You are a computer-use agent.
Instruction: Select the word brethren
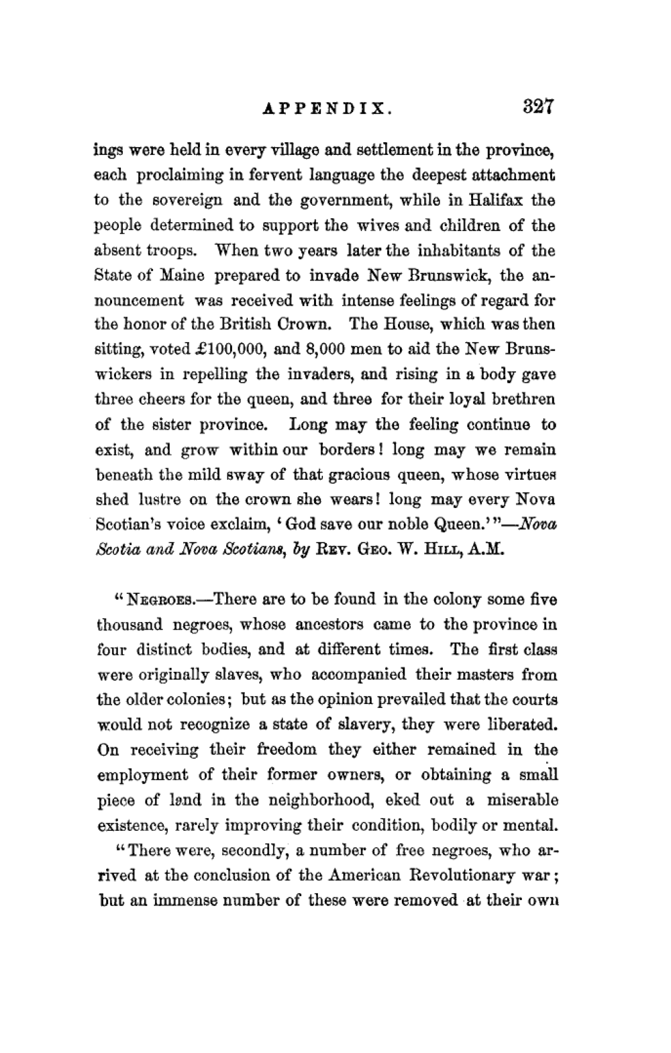pos(521,400)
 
